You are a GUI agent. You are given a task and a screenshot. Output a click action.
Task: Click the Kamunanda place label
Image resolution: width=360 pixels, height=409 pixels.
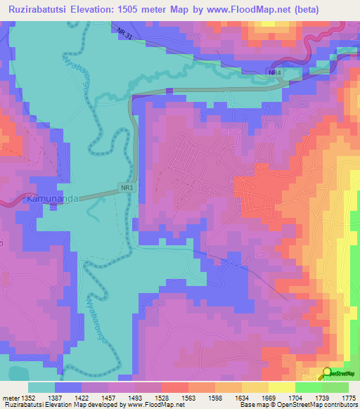pos(51,199)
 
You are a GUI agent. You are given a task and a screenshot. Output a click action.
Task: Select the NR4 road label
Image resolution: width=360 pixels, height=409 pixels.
pos(274,72)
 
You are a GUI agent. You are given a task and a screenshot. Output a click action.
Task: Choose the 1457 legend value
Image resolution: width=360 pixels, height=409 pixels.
pos(110,398)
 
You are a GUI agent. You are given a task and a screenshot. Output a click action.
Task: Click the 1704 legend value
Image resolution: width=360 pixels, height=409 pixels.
pos(294,398)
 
